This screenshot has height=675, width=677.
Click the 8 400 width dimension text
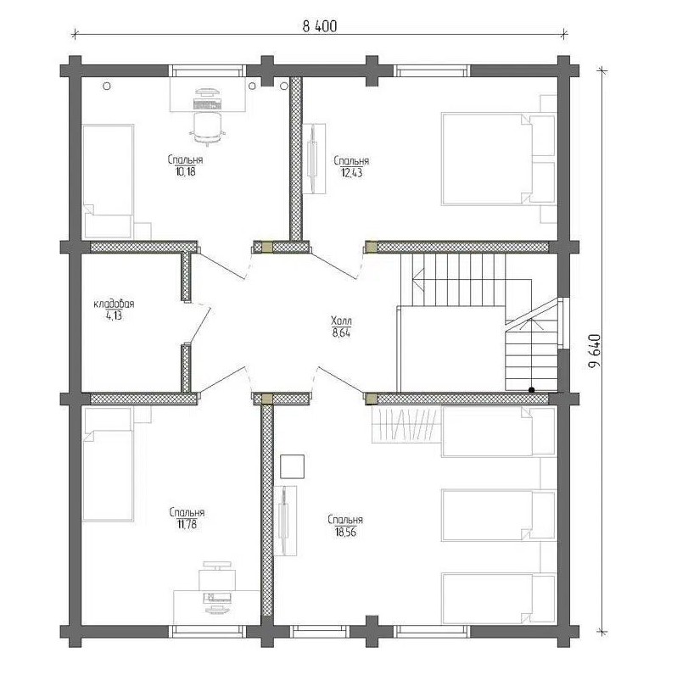click(320, 26)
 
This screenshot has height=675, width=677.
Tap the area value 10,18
click(186, 172)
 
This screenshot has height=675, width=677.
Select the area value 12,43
click(351, 173)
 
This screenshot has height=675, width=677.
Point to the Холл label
click(341, 321)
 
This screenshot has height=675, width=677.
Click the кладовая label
click(114, 304)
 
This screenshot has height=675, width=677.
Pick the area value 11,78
click(187, 525)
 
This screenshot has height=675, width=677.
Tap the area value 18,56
click(345, 533)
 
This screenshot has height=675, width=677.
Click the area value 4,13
click(114, 315)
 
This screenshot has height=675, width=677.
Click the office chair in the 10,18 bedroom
click(207, 126)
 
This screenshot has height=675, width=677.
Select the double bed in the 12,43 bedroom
click(499, 159)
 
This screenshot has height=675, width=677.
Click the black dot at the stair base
click(531, 390)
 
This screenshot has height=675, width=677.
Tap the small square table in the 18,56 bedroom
click(293, 466)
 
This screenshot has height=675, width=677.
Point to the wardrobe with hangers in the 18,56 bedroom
click(406, 424)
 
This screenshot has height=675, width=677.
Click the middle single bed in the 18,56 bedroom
click(499, 515)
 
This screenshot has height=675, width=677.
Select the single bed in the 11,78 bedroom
click(108, 465)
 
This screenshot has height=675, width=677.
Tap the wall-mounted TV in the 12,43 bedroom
click(313, 159)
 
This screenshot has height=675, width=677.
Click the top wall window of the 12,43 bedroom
click(432, 70)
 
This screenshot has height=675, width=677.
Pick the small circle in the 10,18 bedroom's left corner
click(107, 86)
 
